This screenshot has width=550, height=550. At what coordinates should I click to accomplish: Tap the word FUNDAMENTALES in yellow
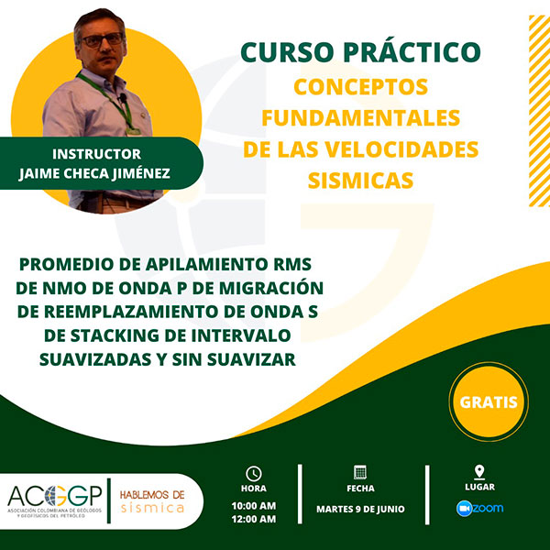pos(360,118)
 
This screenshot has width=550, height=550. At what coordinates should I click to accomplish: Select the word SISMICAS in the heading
pos(360,181)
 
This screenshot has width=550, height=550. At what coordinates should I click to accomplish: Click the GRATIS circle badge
pos(489,401)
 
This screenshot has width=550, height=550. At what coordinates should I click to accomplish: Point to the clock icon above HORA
pos(254,474)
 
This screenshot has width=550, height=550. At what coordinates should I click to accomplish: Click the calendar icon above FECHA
pos(360,472)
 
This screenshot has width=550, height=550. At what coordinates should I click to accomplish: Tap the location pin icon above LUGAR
pos(479,472)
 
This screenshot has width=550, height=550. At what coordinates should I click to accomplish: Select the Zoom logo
pos(479,509)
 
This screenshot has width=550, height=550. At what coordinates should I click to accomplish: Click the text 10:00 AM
pos(254,506)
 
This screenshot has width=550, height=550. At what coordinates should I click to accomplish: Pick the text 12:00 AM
pos(254,519)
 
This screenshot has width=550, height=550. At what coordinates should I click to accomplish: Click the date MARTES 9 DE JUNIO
pos(360,509)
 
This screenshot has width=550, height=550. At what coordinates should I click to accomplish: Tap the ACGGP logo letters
pos(55,496)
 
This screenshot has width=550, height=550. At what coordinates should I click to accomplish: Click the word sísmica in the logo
pos(152,508)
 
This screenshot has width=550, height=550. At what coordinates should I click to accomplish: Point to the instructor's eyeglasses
pos(103,39)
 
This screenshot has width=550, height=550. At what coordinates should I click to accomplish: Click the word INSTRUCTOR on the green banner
pos(97,154)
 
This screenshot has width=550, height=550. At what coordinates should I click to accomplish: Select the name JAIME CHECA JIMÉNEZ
pos(94,173)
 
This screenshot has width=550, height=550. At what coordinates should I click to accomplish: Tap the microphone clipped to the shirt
pos(123,98)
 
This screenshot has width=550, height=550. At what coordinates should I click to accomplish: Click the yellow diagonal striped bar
pos(539,111)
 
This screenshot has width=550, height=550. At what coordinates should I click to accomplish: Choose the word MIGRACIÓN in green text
pos(271,289)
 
